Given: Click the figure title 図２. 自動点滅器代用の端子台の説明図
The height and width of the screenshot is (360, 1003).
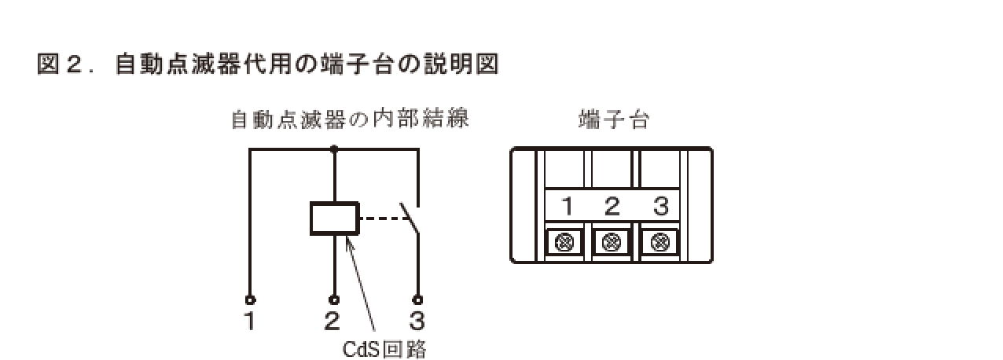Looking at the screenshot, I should click(x=267, y=64).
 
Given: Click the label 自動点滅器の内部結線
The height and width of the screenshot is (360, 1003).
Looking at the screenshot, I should click(x=350, y=120).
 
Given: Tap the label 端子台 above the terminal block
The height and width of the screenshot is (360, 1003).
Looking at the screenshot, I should click(x=613, y=120).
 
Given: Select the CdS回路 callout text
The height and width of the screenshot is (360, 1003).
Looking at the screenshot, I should click(x=384, y=348).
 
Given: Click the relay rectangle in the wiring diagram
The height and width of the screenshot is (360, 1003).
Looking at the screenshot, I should click(x=335, y=219).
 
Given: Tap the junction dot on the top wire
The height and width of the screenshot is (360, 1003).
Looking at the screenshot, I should click(x=335, y=148).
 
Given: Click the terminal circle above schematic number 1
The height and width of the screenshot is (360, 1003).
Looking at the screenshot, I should click(x=250, y=299).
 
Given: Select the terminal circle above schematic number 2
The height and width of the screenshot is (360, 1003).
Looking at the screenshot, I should click(x=335, y=299).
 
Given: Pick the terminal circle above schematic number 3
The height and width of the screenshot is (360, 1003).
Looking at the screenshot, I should click(x=417, y=299).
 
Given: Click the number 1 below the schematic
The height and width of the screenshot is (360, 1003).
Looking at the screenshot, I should click(x=249, y=321).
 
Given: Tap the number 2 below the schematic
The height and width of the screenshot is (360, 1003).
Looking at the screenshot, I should click(x=332, y=321).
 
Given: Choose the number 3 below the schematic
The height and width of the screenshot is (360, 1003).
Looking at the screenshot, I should click(x=417, y=321).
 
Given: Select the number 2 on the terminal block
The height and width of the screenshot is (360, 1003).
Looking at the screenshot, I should click(x=612, y=208).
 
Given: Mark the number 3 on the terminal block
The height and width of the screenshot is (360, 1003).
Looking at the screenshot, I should click(x=660, y=208).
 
